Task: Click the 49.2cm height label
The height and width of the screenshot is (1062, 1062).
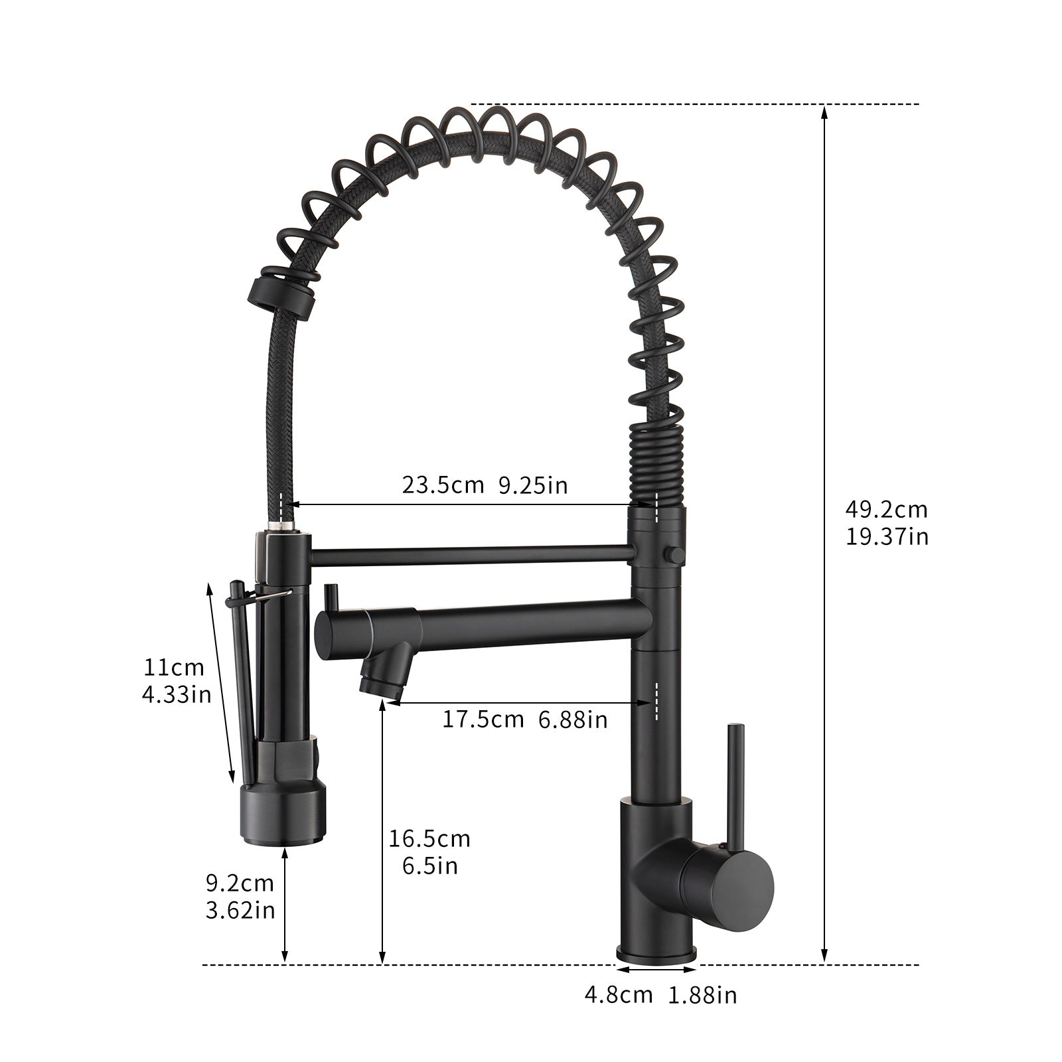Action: tap(886, 510)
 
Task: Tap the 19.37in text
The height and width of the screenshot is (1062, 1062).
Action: tap(887, 536)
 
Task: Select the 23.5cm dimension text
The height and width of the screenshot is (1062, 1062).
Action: tap(443, 485)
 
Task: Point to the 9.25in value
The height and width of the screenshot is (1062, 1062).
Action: tap(533, 485)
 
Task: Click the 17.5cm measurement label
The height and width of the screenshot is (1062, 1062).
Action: tap(483, 719)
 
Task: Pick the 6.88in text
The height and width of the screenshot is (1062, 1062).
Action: tap(573, 719)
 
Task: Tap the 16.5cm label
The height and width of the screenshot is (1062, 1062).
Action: tap(429, 839)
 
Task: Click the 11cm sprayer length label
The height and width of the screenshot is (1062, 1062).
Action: tap(174, 667)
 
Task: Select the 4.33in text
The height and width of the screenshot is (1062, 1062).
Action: tap(176, 694)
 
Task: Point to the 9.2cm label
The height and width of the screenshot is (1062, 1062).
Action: tap(239, 883)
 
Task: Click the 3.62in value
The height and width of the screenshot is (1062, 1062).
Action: tap(240, 910)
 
